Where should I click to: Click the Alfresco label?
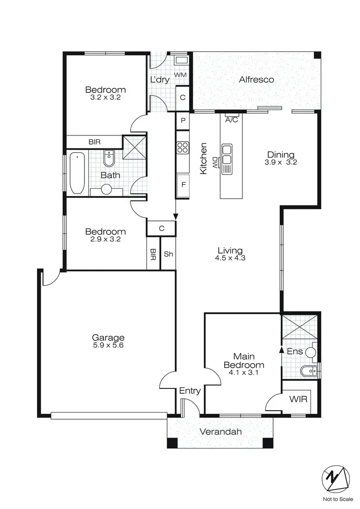click(x=256, y=79)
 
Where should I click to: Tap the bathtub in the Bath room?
click(x=77, y=173)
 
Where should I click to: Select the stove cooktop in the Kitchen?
click(x=182, y=147)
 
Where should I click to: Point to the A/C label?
click(x=231, y=120)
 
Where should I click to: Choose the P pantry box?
click(x=183, y=121)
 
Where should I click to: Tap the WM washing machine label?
click(x=180, y=75)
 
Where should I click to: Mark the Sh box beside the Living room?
click(x=168, y=254)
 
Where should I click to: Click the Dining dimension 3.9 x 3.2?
click(x=281, y=162)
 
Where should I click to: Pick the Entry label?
click(x=190, y=391)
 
